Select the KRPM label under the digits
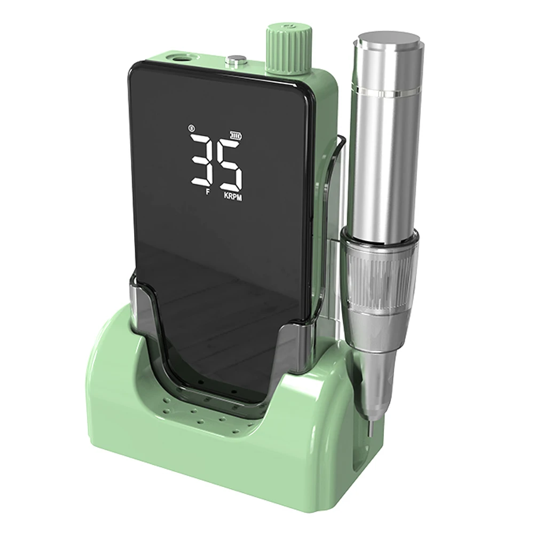pos(233,197)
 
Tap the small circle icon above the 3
pos(191,128)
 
